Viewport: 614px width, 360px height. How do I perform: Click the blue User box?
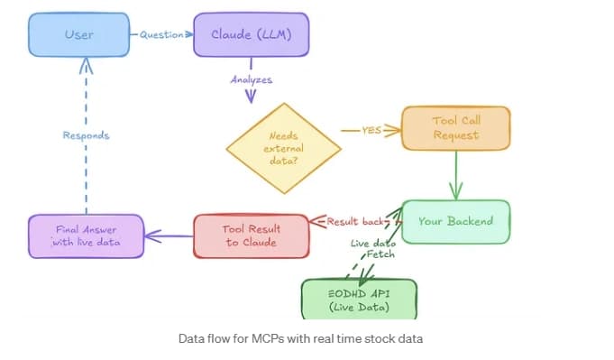(79, 35)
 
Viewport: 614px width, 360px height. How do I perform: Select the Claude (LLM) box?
(250, 35)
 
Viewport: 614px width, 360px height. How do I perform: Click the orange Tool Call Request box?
(455, 129)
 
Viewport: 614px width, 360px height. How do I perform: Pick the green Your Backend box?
(455, 221)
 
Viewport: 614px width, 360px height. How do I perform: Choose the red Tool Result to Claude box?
(251, 235)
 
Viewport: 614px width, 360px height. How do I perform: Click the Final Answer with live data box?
(86, 235)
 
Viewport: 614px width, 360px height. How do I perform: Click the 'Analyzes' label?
(251, 79)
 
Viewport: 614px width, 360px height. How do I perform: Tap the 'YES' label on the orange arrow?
(371, 130)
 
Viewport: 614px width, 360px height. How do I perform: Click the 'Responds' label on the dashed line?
(86, 135)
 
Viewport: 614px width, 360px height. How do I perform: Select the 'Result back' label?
(357, 221)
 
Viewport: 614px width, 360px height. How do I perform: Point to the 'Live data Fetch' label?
(372, 250)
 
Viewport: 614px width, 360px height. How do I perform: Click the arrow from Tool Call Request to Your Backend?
(456, 174)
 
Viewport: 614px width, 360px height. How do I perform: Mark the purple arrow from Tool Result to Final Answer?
(170, 236)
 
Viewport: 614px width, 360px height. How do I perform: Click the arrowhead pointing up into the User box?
(86, 63)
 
